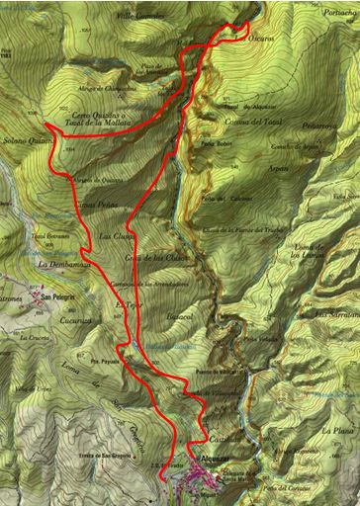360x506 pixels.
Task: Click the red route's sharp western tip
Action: [x=45, y=124]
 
